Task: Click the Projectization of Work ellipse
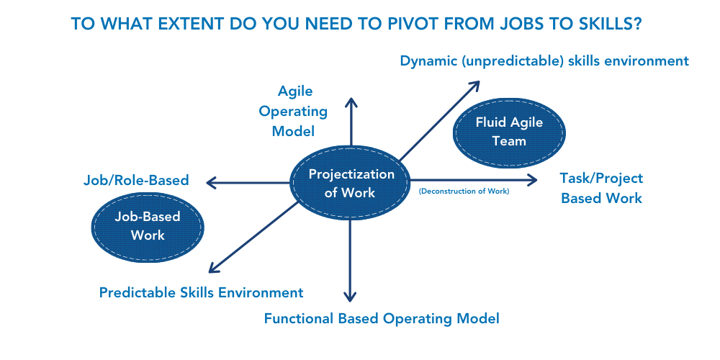point(351,183)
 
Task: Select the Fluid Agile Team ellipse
point(509,132)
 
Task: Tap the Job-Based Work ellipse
point(148,225)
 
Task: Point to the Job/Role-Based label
point(135,180)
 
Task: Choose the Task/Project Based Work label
point(601,188)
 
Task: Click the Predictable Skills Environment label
point(201,292)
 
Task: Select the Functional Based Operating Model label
point(382,318)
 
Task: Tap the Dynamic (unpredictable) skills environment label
point(544,61)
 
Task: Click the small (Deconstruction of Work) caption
point(464,191)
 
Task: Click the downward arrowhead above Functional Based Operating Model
point(350,296)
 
